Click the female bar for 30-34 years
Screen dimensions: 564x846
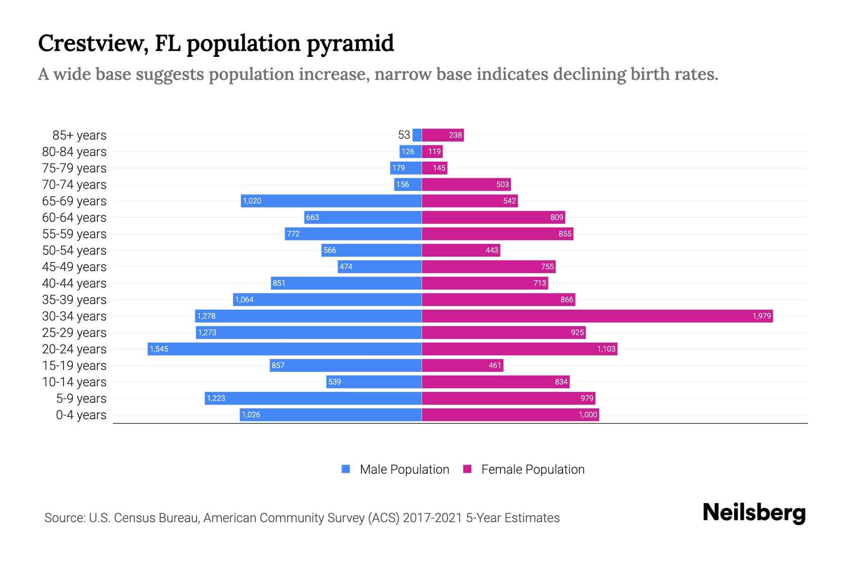[597, 316]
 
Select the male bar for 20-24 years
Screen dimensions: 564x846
[284, 349]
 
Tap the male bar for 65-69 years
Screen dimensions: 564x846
[331, 201]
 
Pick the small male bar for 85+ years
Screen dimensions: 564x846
[417, 135]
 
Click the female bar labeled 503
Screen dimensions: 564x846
[466, 184]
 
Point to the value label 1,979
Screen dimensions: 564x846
[761, 316]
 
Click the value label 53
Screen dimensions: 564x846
[404, 135]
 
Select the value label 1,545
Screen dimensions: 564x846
[159, 349]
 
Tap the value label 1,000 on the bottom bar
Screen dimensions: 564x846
[587, 415]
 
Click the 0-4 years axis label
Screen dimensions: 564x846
[81, 415]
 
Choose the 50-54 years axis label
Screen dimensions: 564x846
[74, 251]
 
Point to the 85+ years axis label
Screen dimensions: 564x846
[79, 135]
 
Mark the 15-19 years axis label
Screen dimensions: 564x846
[74, 366]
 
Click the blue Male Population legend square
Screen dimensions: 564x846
[346, 469]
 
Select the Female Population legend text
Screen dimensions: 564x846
[533, 470]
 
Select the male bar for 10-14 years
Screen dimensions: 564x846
[374, 382]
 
